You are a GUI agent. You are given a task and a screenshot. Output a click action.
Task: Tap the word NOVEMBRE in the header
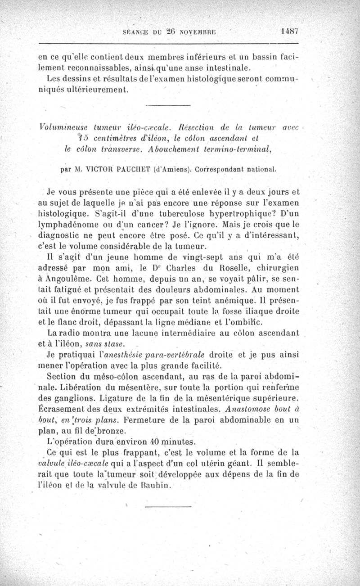coord(199,32)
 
